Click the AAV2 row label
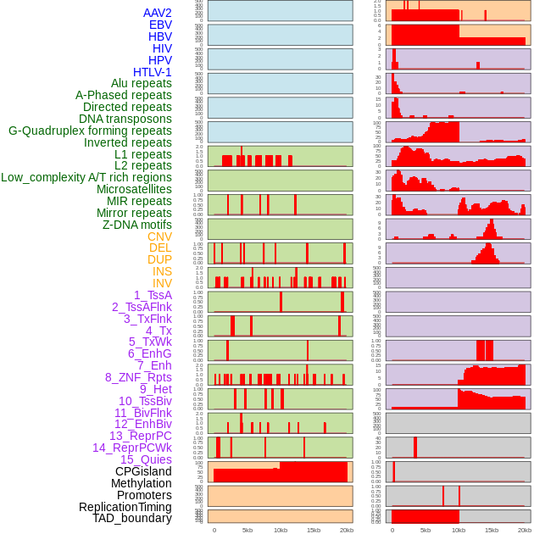157,13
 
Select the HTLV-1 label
152,72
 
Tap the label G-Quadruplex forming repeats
90,131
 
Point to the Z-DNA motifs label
137,225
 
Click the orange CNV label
159,236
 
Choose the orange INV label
162,283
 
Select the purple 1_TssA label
153,295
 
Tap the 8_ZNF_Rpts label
138,377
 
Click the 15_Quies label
145,459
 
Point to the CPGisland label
143,471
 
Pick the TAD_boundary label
132,518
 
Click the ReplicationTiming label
125,507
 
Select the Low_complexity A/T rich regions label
86,177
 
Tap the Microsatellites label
134,189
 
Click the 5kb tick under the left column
248,530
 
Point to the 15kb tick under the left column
314,530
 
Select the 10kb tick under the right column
459,530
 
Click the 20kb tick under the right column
525,530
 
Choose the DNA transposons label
125,119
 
